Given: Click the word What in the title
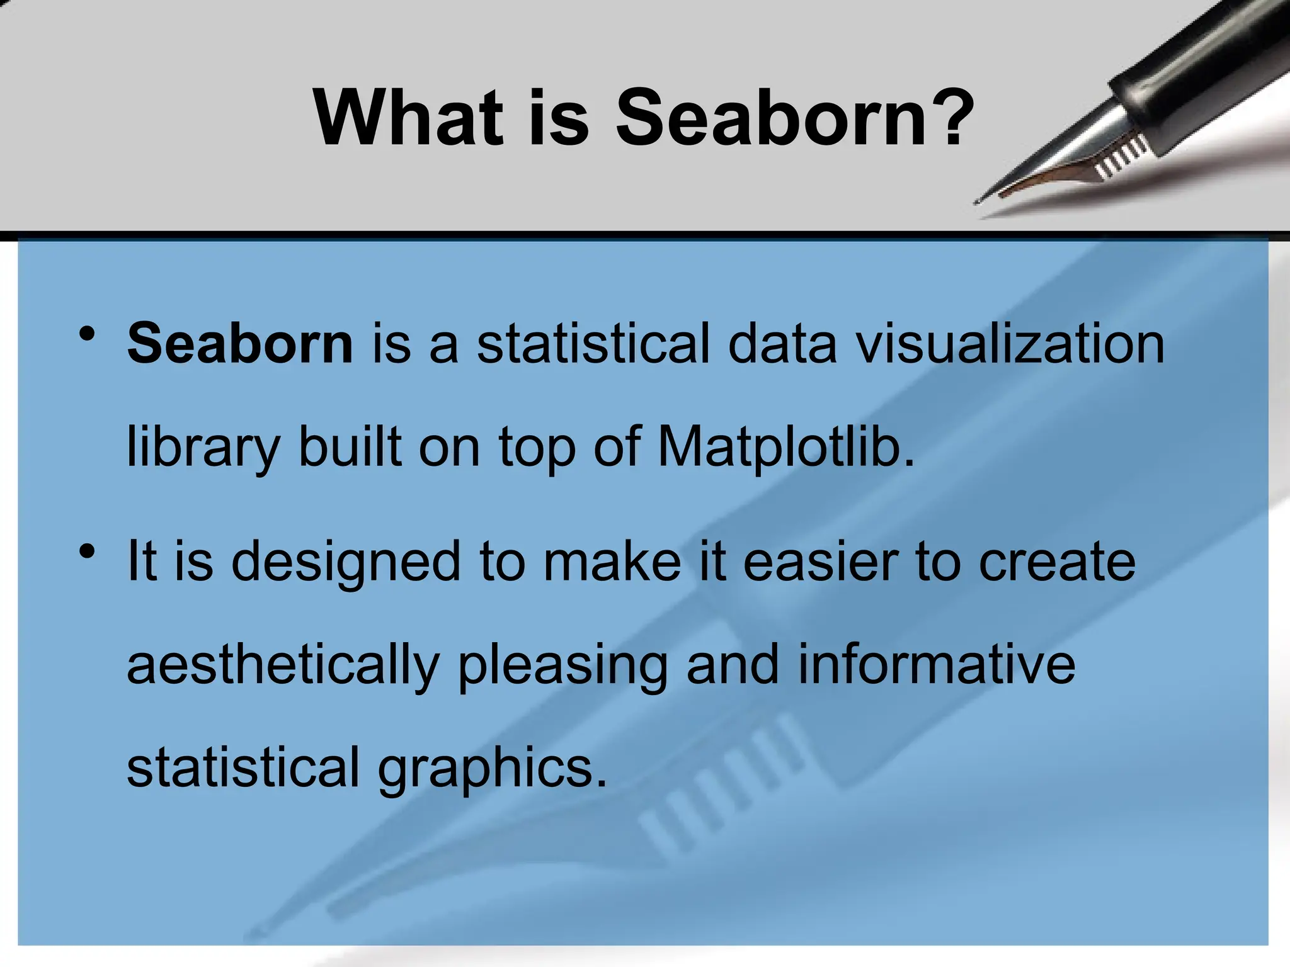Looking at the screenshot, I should [409, 118].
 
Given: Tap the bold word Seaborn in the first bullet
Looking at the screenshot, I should [240, 344].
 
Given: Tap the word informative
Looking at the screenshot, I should [937, 665].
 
